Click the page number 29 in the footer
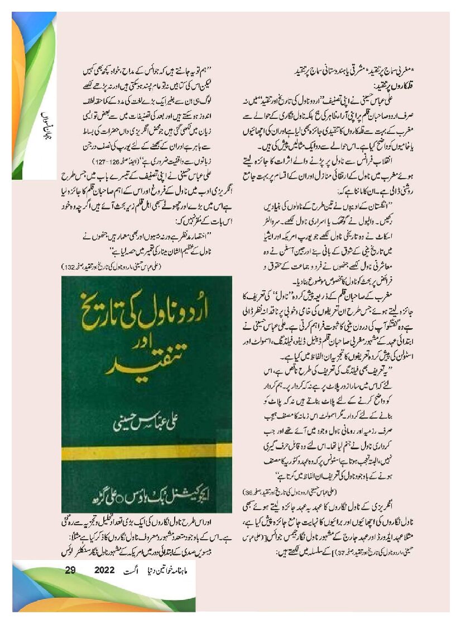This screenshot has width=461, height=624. [x=70, y=570]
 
